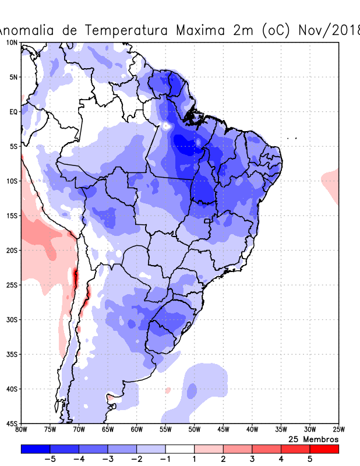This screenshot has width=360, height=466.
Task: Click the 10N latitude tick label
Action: [x=12, y=43]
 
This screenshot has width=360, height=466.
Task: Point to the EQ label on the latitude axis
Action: [x=13, y=112]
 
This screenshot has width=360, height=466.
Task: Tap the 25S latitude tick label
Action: [x=12, y=285]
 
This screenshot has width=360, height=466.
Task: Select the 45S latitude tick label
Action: [x=12, y=423]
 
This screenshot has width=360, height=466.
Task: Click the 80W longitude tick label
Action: [x=21, y=430]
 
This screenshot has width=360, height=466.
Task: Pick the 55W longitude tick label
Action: [x=165, y=430]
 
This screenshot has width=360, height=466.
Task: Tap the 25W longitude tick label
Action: [x=338, y=430]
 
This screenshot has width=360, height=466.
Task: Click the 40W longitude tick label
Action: [x=252, y=430]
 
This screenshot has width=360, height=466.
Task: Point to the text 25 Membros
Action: [x=313, y=439]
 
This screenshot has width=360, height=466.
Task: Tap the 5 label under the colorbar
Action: [x=310, y=459]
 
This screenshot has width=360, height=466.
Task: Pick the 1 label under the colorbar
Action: [x=195, y=459]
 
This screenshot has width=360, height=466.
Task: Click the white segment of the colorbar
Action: [x=180, y=449]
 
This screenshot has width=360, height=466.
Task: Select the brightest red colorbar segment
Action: [x=324, y=449]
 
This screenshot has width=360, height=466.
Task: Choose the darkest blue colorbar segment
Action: [x=36, y=449]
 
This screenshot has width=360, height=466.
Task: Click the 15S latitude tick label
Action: [x=12, y=216]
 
